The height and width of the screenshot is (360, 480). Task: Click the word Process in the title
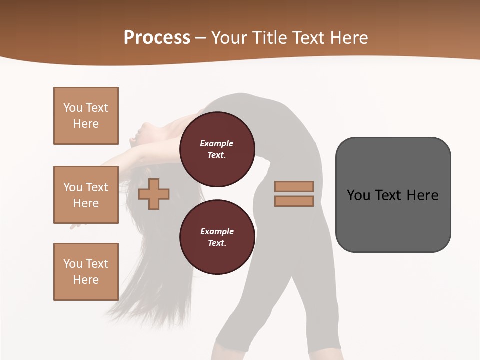157,37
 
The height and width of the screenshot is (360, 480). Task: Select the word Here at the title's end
348,37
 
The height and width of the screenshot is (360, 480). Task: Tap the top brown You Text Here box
86,116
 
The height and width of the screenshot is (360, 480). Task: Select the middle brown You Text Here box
86,195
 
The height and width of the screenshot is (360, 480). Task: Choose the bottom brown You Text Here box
86,272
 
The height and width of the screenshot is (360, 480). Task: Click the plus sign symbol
154,194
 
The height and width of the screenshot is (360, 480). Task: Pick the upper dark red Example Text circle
217,149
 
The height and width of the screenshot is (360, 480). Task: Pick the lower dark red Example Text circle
217,237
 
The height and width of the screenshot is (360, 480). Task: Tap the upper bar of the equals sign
294,186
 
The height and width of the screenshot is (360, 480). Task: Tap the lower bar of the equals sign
294,201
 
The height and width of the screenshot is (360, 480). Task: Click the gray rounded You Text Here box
393,195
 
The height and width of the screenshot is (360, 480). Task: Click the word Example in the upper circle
217,143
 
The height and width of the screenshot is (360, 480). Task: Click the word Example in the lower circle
217,231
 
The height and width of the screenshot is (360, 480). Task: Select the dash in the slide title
200,38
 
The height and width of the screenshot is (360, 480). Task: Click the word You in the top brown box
73,108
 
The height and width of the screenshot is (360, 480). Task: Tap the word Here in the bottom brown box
86,280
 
